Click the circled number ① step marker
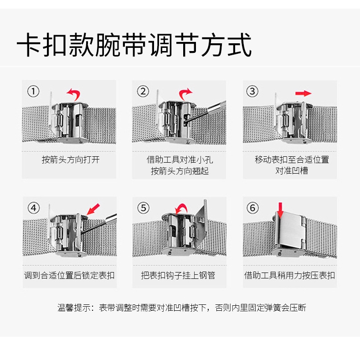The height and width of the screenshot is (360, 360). click(x=33, y=91)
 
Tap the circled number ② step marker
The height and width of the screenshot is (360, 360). click(x=143, y=91)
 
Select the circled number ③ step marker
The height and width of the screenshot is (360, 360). click(x=252, y=91)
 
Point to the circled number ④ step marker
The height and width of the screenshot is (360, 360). click(x=34, y=208)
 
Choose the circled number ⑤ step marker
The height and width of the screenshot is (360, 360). click(x=143, y=208)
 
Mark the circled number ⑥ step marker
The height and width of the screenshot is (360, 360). click(x=252, y=208)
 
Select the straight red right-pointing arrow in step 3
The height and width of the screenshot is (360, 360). click(x=303, y=93)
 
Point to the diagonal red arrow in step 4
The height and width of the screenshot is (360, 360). click(x=93, y=209)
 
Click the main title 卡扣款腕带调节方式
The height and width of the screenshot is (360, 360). click(x=134, y=45)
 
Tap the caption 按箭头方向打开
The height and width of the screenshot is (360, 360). click(x=71, y=159)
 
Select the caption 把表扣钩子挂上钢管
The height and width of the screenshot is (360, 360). click(x=178, y=275)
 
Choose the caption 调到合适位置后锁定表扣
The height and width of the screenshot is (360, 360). click(x=69, y=275)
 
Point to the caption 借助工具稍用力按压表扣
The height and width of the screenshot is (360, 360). click(x=289, y=275)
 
